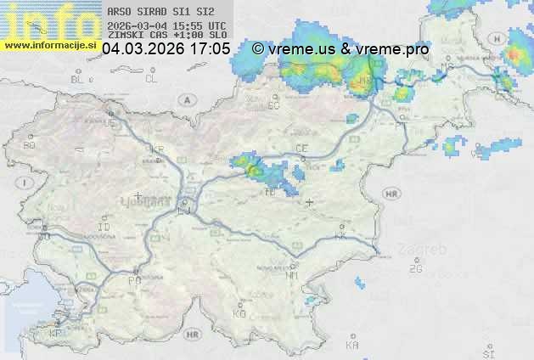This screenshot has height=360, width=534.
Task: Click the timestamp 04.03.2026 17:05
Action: pyautogui.click(x=166, y=49)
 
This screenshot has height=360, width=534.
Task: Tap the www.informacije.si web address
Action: pyautogui.click(x=49, y=45)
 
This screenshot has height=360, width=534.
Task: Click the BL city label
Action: pyautogui.click(x=78, y=79)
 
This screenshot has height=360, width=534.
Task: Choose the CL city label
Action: pyautogui.click(x=151, y=79)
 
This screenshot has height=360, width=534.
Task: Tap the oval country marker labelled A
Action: pyautogui.click(x=185, y=99)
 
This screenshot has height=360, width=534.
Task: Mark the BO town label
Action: pyautogui.click(x=30, y=145)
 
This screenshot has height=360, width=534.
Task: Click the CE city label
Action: pyautogui.click(x=301, y=149)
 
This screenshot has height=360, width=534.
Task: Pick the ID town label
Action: pyautogui.click(x=104, y=228)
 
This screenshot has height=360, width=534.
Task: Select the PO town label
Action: pyautogui.click(x=134, y=279)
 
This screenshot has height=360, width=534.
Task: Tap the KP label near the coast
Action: pyautogui.click(x=57, y=334)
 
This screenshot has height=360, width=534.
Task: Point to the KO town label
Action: pyautogui.click(x=239, y=313)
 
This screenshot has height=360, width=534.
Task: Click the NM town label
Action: pyautogui.click(x=293, y=276)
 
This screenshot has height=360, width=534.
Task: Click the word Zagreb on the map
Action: pyautogui.click(x=426, y=250)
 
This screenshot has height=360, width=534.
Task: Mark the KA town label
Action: pyautogui.click(x=352, y=346)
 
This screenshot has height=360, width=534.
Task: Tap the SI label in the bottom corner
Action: pyautogui.click(x=488, y=352)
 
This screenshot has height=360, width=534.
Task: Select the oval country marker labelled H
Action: pyautogui.click(x=517, y=37)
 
